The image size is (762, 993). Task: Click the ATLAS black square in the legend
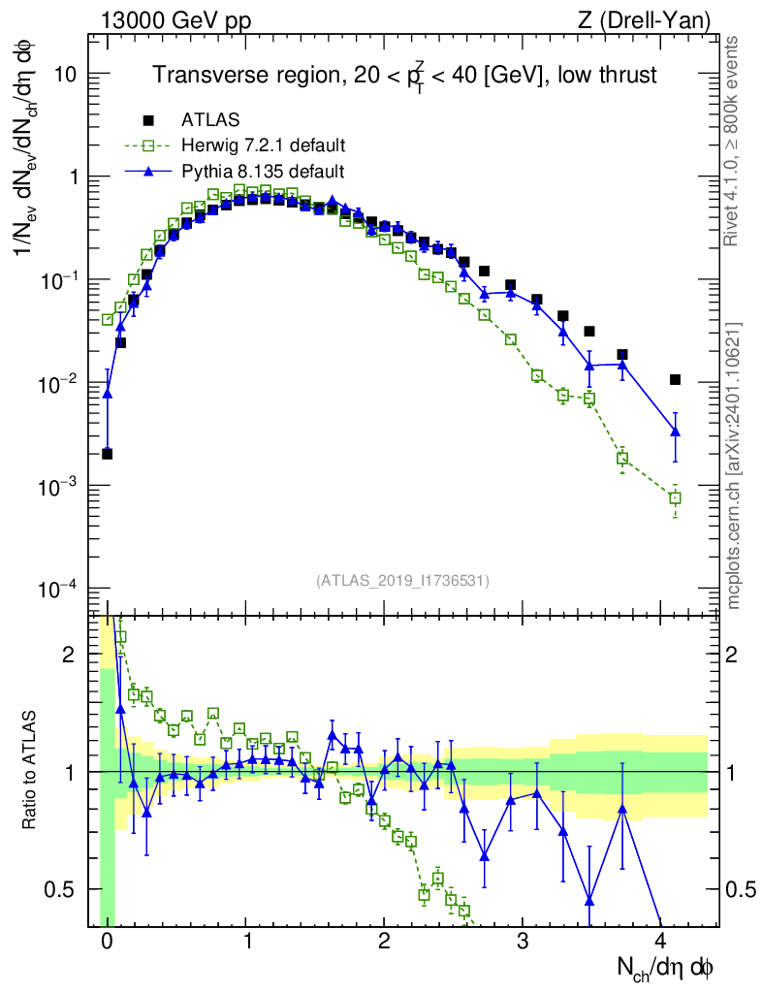pyautogui.click(x=148, y=119)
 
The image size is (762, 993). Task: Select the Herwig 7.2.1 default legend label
pyautogui.click(x=264, y=145)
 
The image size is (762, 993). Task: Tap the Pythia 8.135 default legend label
pyautogui.click(x=263, y=172)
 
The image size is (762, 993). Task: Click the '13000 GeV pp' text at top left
pyautogui.click(x=175, y=20)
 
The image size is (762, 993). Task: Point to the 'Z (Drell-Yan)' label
pyautogui.click(x=644, y=20)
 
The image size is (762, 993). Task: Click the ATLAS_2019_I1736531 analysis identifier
pyautogui.click(x=402, y=580)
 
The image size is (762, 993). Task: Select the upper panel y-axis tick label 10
pyautogui.click(x=65, y=74)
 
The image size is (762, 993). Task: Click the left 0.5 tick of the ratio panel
pyautogui.click(x=59, y=890)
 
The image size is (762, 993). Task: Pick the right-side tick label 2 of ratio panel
pyautogui.click(x=732, y=655)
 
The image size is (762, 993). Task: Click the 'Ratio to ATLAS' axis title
pyautogui.click(x=29, y=770)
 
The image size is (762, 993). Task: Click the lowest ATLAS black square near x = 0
pyautogui.click(x=107, y=454)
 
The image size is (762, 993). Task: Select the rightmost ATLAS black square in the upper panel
pyautogui.click(x=676, y=380)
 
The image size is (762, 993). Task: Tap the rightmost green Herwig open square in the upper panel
pyautogui.click(x=676, y=498)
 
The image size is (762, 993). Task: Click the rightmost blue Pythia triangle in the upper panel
pyautogui.click(x=676, y=432)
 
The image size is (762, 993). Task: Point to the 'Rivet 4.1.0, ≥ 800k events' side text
pyautogui.click(x=732, y=141)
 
